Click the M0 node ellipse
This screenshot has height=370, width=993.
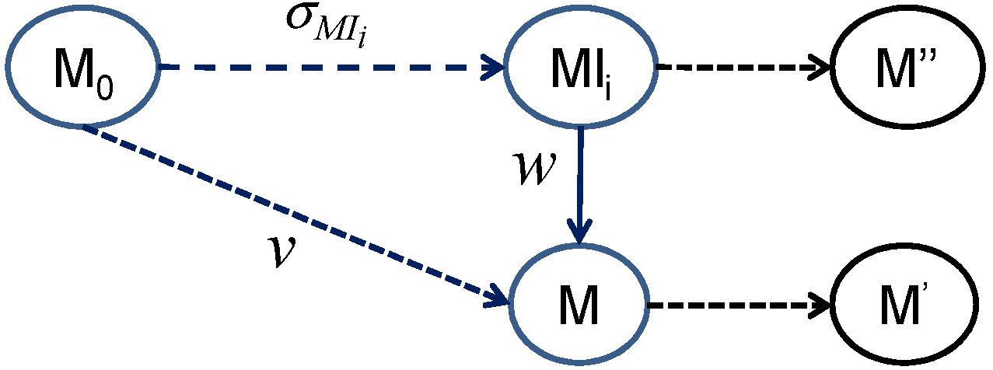pyautogui.click(x=83, y=70)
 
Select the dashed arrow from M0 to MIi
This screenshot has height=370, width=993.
pyautogui.click(x=327, y=68)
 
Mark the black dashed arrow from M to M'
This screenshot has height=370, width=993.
pyautogui.click(x=739, y=305)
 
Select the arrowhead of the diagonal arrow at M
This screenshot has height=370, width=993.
pyautogui.click(x=498, y=296)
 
